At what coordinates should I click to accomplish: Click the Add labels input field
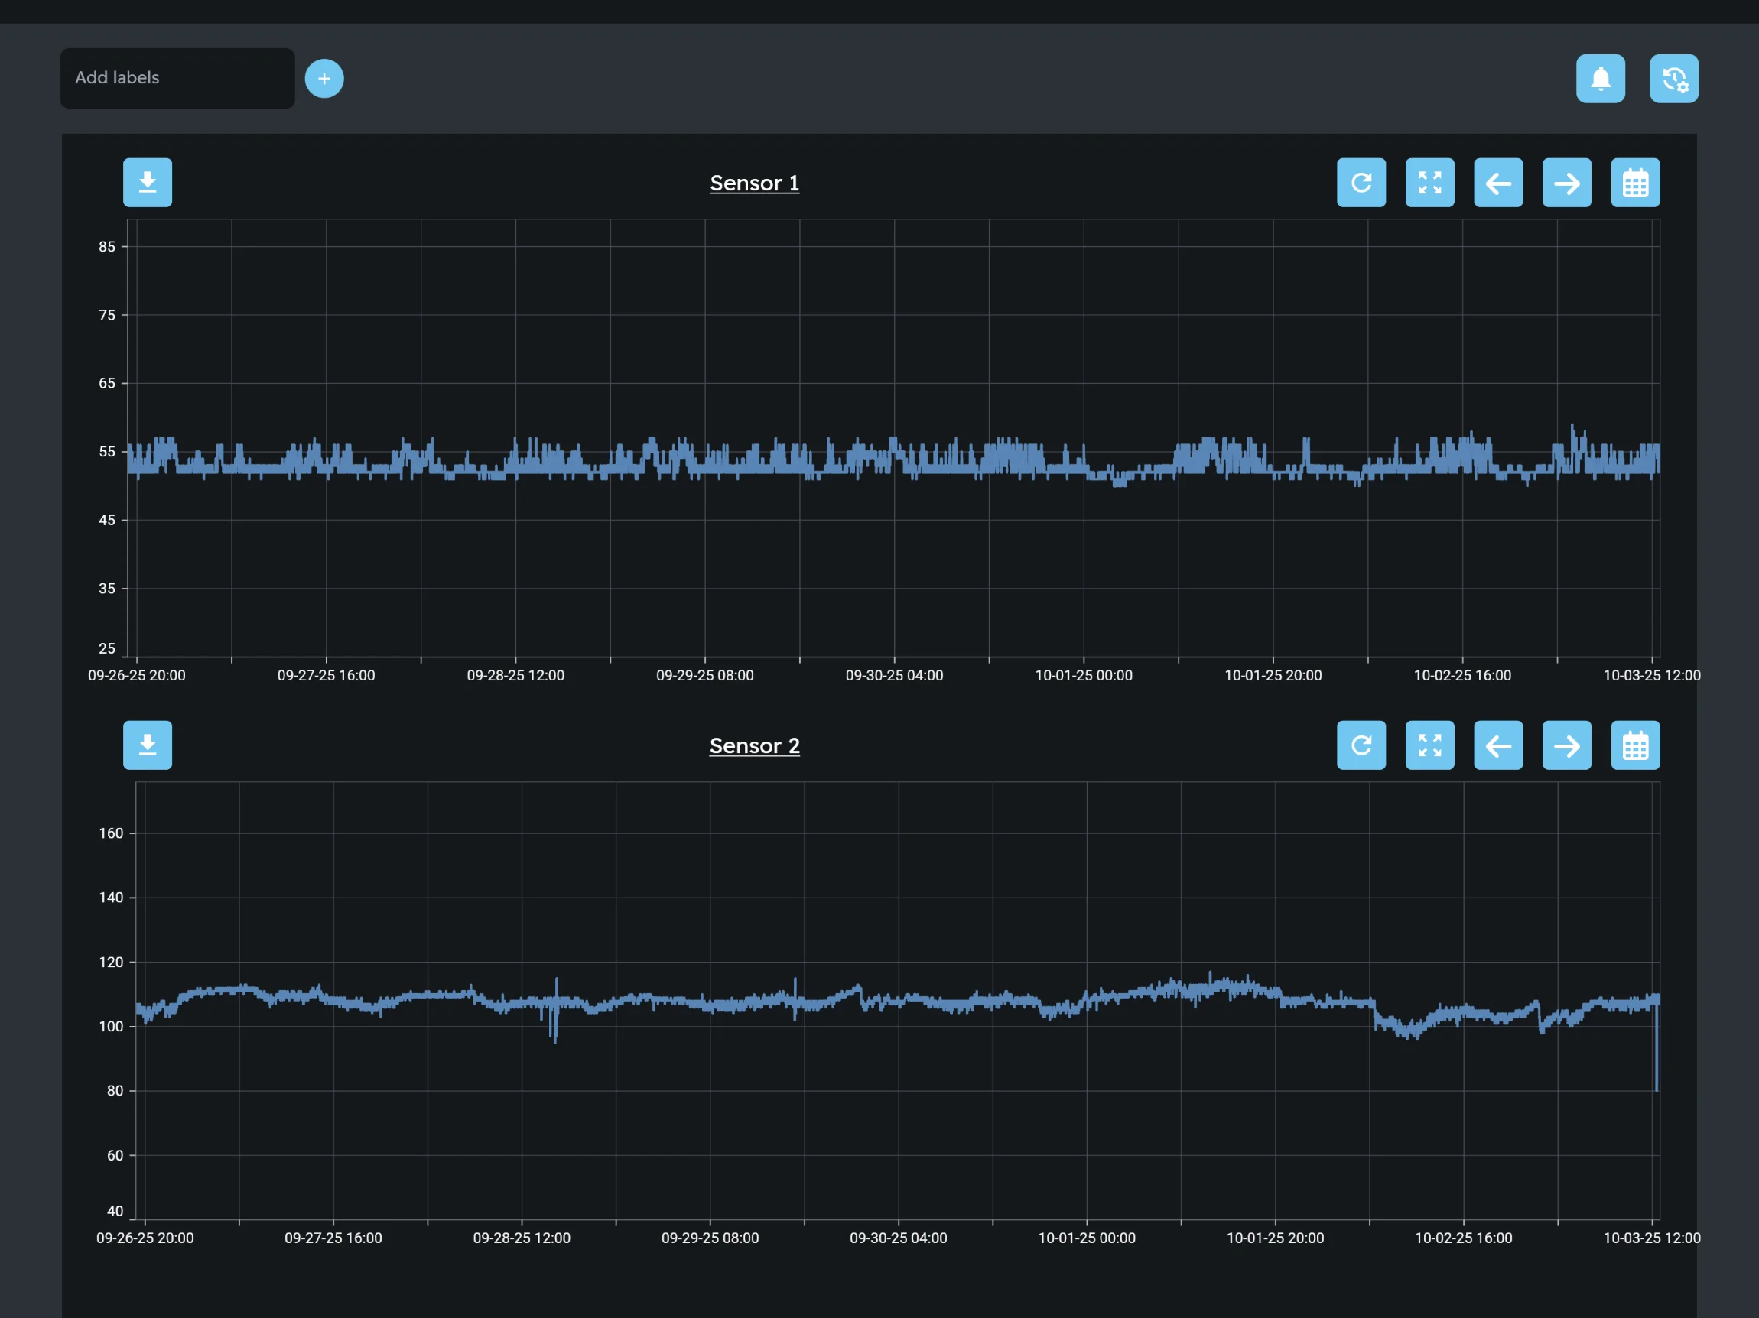coord(177,78)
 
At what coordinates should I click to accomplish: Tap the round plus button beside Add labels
coord(324,79)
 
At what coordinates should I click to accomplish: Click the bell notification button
coord(1600,79)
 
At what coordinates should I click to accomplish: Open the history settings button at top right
coord(1673,79)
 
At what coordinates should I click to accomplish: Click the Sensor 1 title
coord(754,183)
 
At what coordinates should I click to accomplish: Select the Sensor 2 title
coord(754,745)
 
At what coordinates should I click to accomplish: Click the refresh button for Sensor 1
coord(1361,183)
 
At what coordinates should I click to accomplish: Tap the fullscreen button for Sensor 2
coord(1429,745)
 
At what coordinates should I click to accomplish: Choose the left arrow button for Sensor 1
coord(1497,183)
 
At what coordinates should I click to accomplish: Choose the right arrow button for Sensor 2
coord(1566,745)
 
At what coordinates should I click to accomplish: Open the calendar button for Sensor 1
coord(1634,183)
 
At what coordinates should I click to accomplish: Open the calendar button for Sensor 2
coord(1634,745)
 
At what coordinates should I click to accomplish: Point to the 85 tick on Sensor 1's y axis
coord(107,246)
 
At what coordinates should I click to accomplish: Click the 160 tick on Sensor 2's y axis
coord(112,833)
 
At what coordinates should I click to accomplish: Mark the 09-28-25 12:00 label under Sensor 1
coord(515,676)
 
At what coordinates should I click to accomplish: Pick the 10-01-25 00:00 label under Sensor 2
coord(1086,1238)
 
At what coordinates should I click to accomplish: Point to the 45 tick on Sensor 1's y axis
coord(107,520)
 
